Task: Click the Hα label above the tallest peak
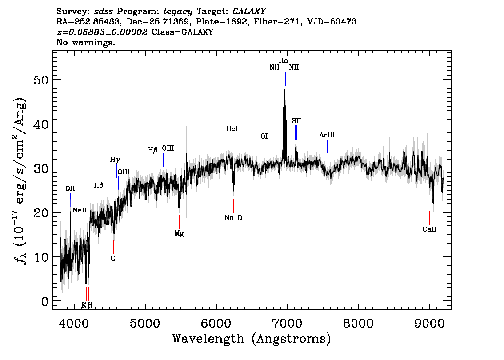pyautogui.click(x=284, y=60)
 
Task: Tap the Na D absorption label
pyautogui.click(x=233, y=218)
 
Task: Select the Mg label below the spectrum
pyautogui.click(x=179, y=233)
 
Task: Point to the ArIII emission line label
pyautogui.click(x=327, y=135)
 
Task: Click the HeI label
pyautogui.click(x=232, y=128)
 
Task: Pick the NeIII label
pyautogui.click(x=81, y=210)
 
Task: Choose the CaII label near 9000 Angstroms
pyautogui.click(x=429, y=229)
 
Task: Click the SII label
pyautogui.click(x=296, y=121)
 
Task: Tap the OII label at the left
pyautogui.click(x=70, y=188)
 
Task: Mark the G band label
pyautogui.click(x=113, y=258)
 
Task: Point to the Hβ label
pyautogui.click(x=153, y=150)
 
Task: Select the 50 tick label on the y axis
pyautogui.click(x=41, y=80)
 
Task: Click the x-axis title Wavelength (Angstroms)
pyautogui.click(x=252, y=339)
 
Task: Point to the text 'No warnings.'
pyautogui.click(x=86, y=42)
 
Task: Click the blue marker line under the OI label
pyautogui.click(x=264, y=148)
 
